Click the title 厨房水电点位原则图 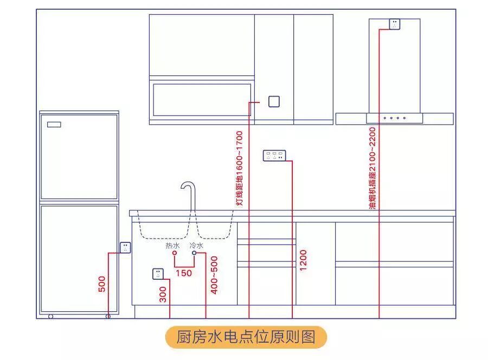[x=246, y=337]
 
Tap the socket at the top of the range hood [x=394, y=24]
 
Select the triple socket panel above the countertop [x=273, y=156]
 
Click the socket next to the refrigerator [x=125, y=247]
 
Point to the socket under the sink [x=158, y=274]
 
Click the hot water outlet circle [x=174, y=253]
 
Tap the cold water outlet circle [x=194, y=253]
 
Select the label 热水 [x=172, y=246]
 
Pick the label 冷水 [x=197, y=246]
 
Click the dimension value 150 [x=184, y=273]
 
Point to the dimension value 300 [x=163, y=294]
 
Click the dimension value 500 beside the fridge [x=102, y=284]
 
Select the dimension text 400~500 [x=214, y=275]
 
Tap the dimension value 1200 [x=303, y=261]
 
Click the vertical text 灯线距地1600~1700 [x=239, y=168]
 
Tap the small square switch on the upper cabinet [x=274, y=101]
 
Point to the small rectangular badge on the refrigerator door [x=54, y=125]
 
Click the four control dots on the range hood [x=394, y=118]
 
